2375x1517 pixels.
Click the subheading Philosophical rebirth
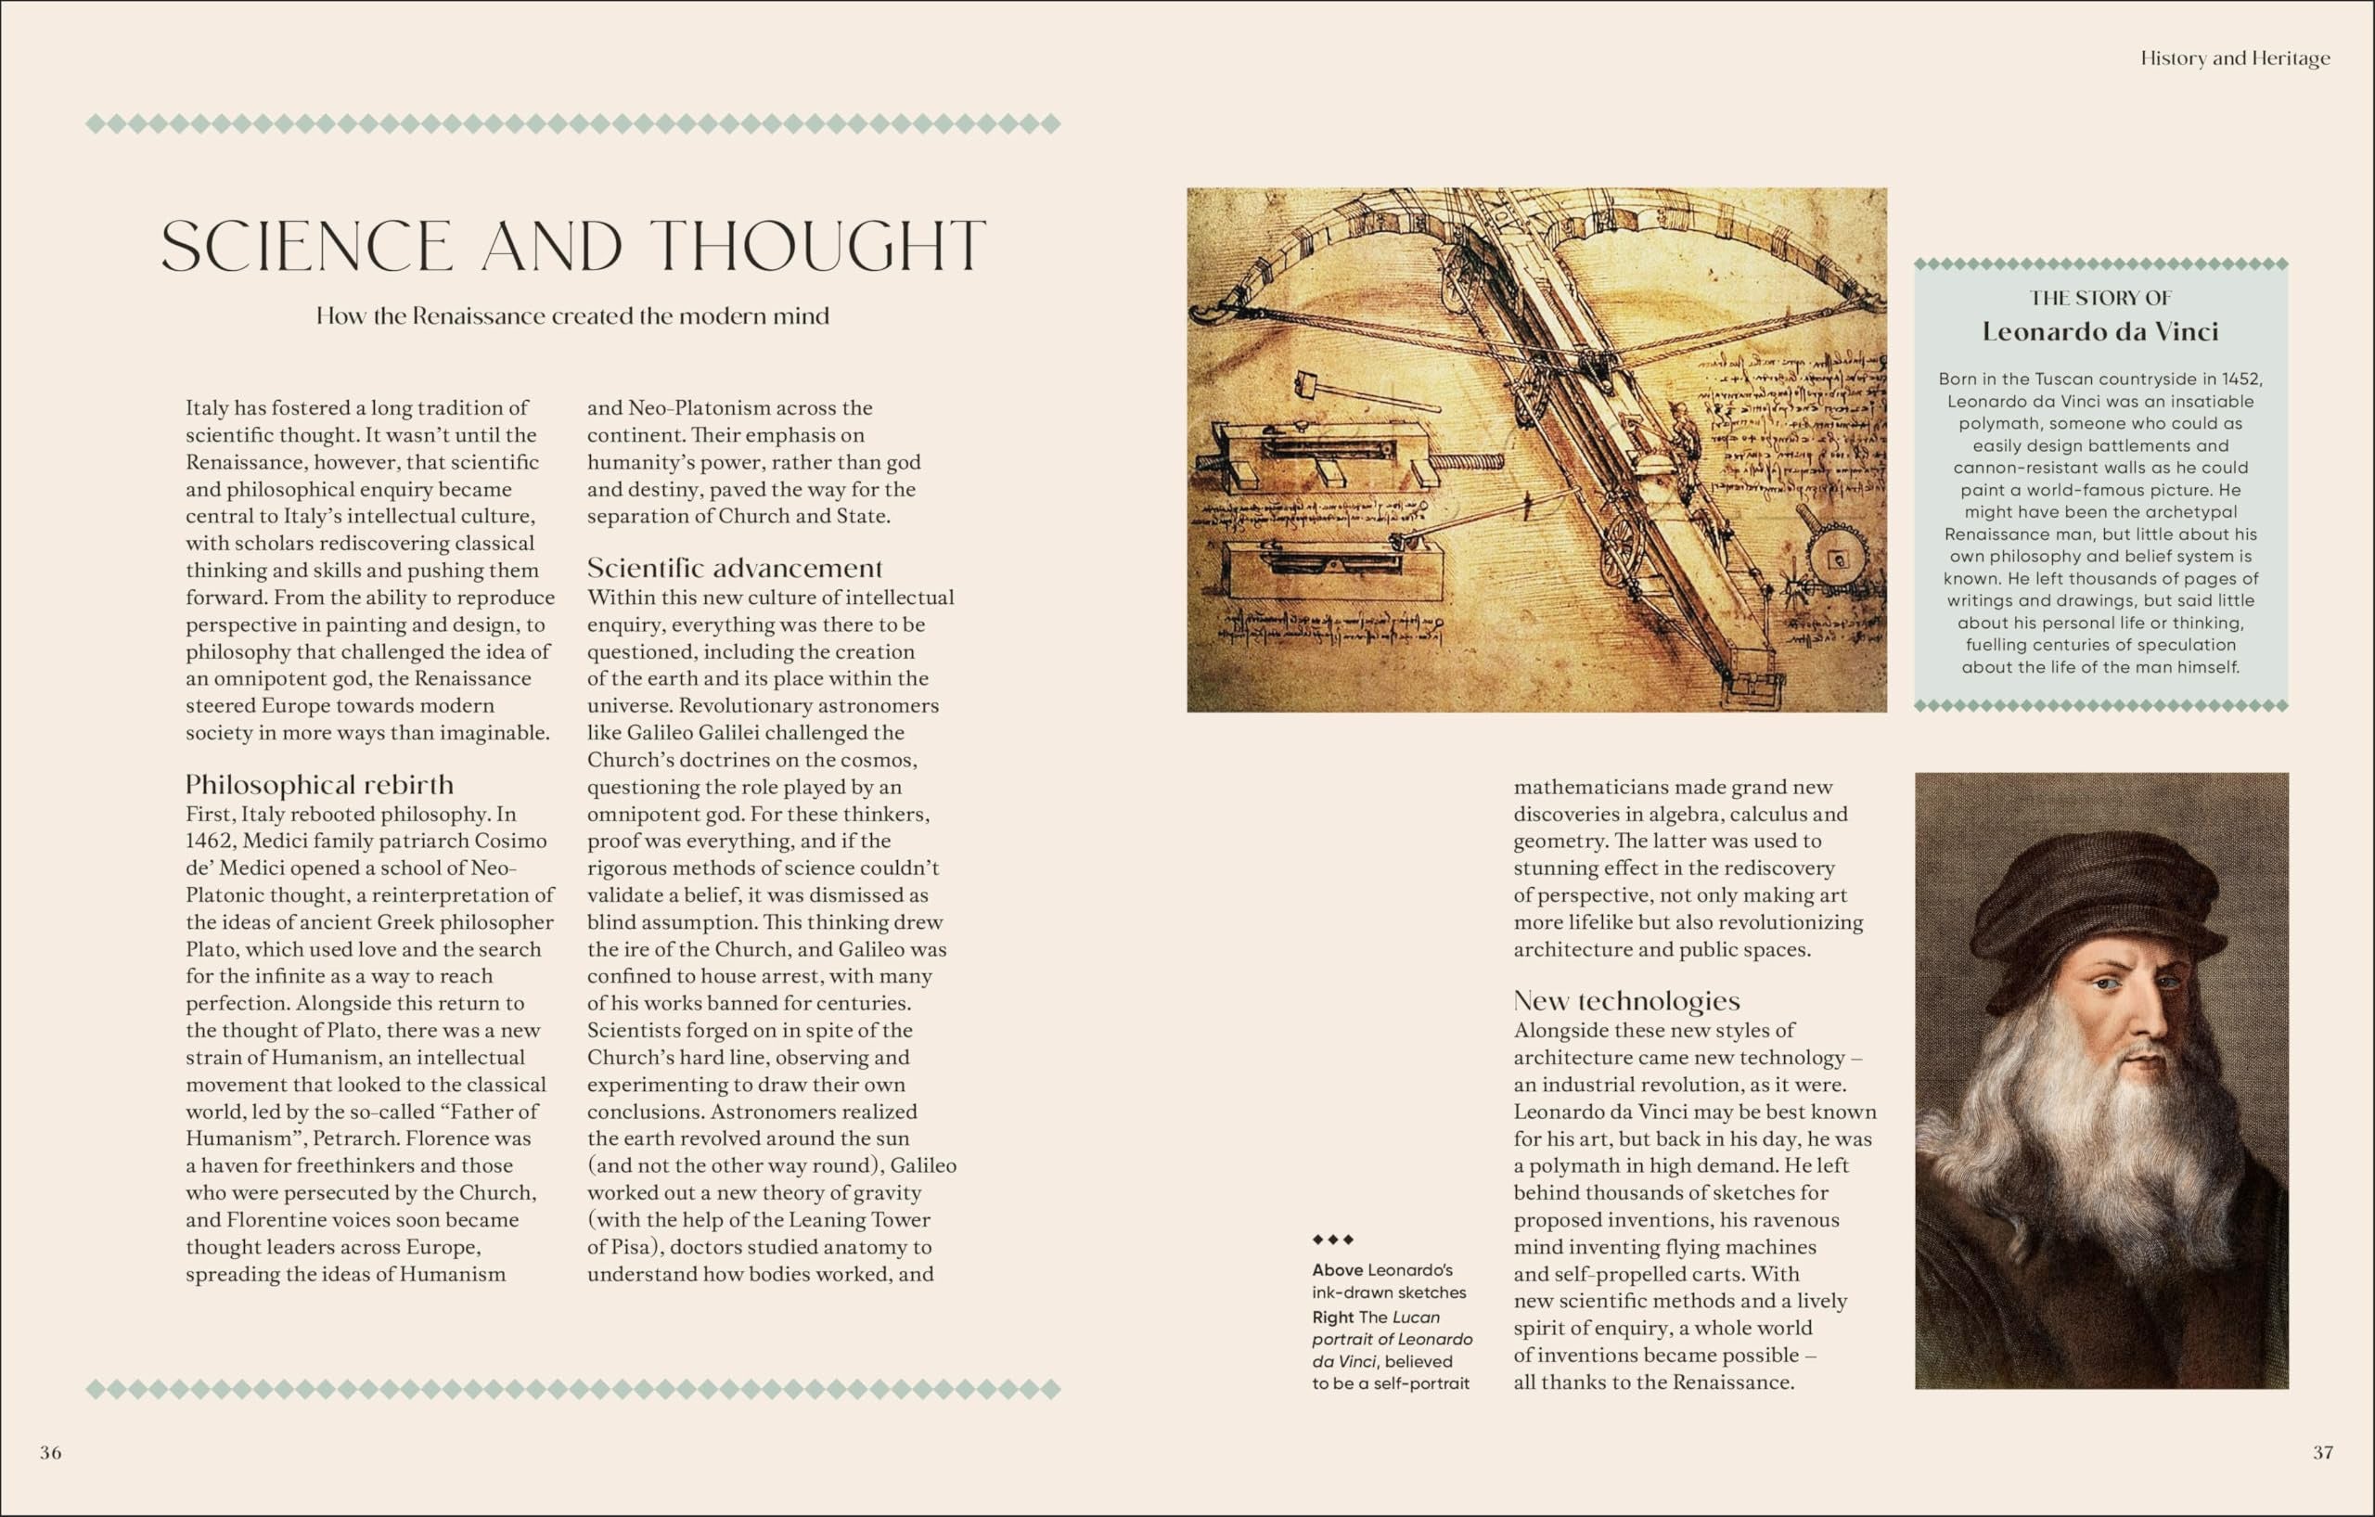[319, 784]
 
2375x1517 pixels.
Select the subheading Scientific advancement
[734, 568]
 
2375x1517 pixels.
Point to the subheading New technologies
[1626, 1001]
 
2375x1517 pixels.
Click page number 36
[50, 1452]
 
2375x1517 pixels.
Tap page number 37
[2323, 1452]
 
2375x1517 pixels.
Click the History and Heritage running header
[2235, 58]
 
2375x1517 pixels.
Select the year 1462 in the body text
[209, 842]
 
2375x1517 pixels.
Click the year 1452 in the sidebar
[2241, 379]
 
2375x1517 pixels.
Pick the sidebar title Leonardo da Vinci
[2100, 331]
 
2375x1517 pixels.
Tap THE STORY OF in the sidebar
[2100, 298]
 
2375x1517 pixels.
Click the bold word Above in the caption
[1337, 1270]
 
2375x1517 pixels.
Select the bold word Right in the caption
[1332, 1317]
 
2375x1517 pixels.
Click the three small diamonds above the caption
[1332, 1240]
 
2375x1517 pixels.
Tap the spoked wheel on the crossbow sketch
[1619, 552]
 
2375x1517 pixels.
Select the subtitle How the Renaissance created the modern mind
[572, 316]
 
